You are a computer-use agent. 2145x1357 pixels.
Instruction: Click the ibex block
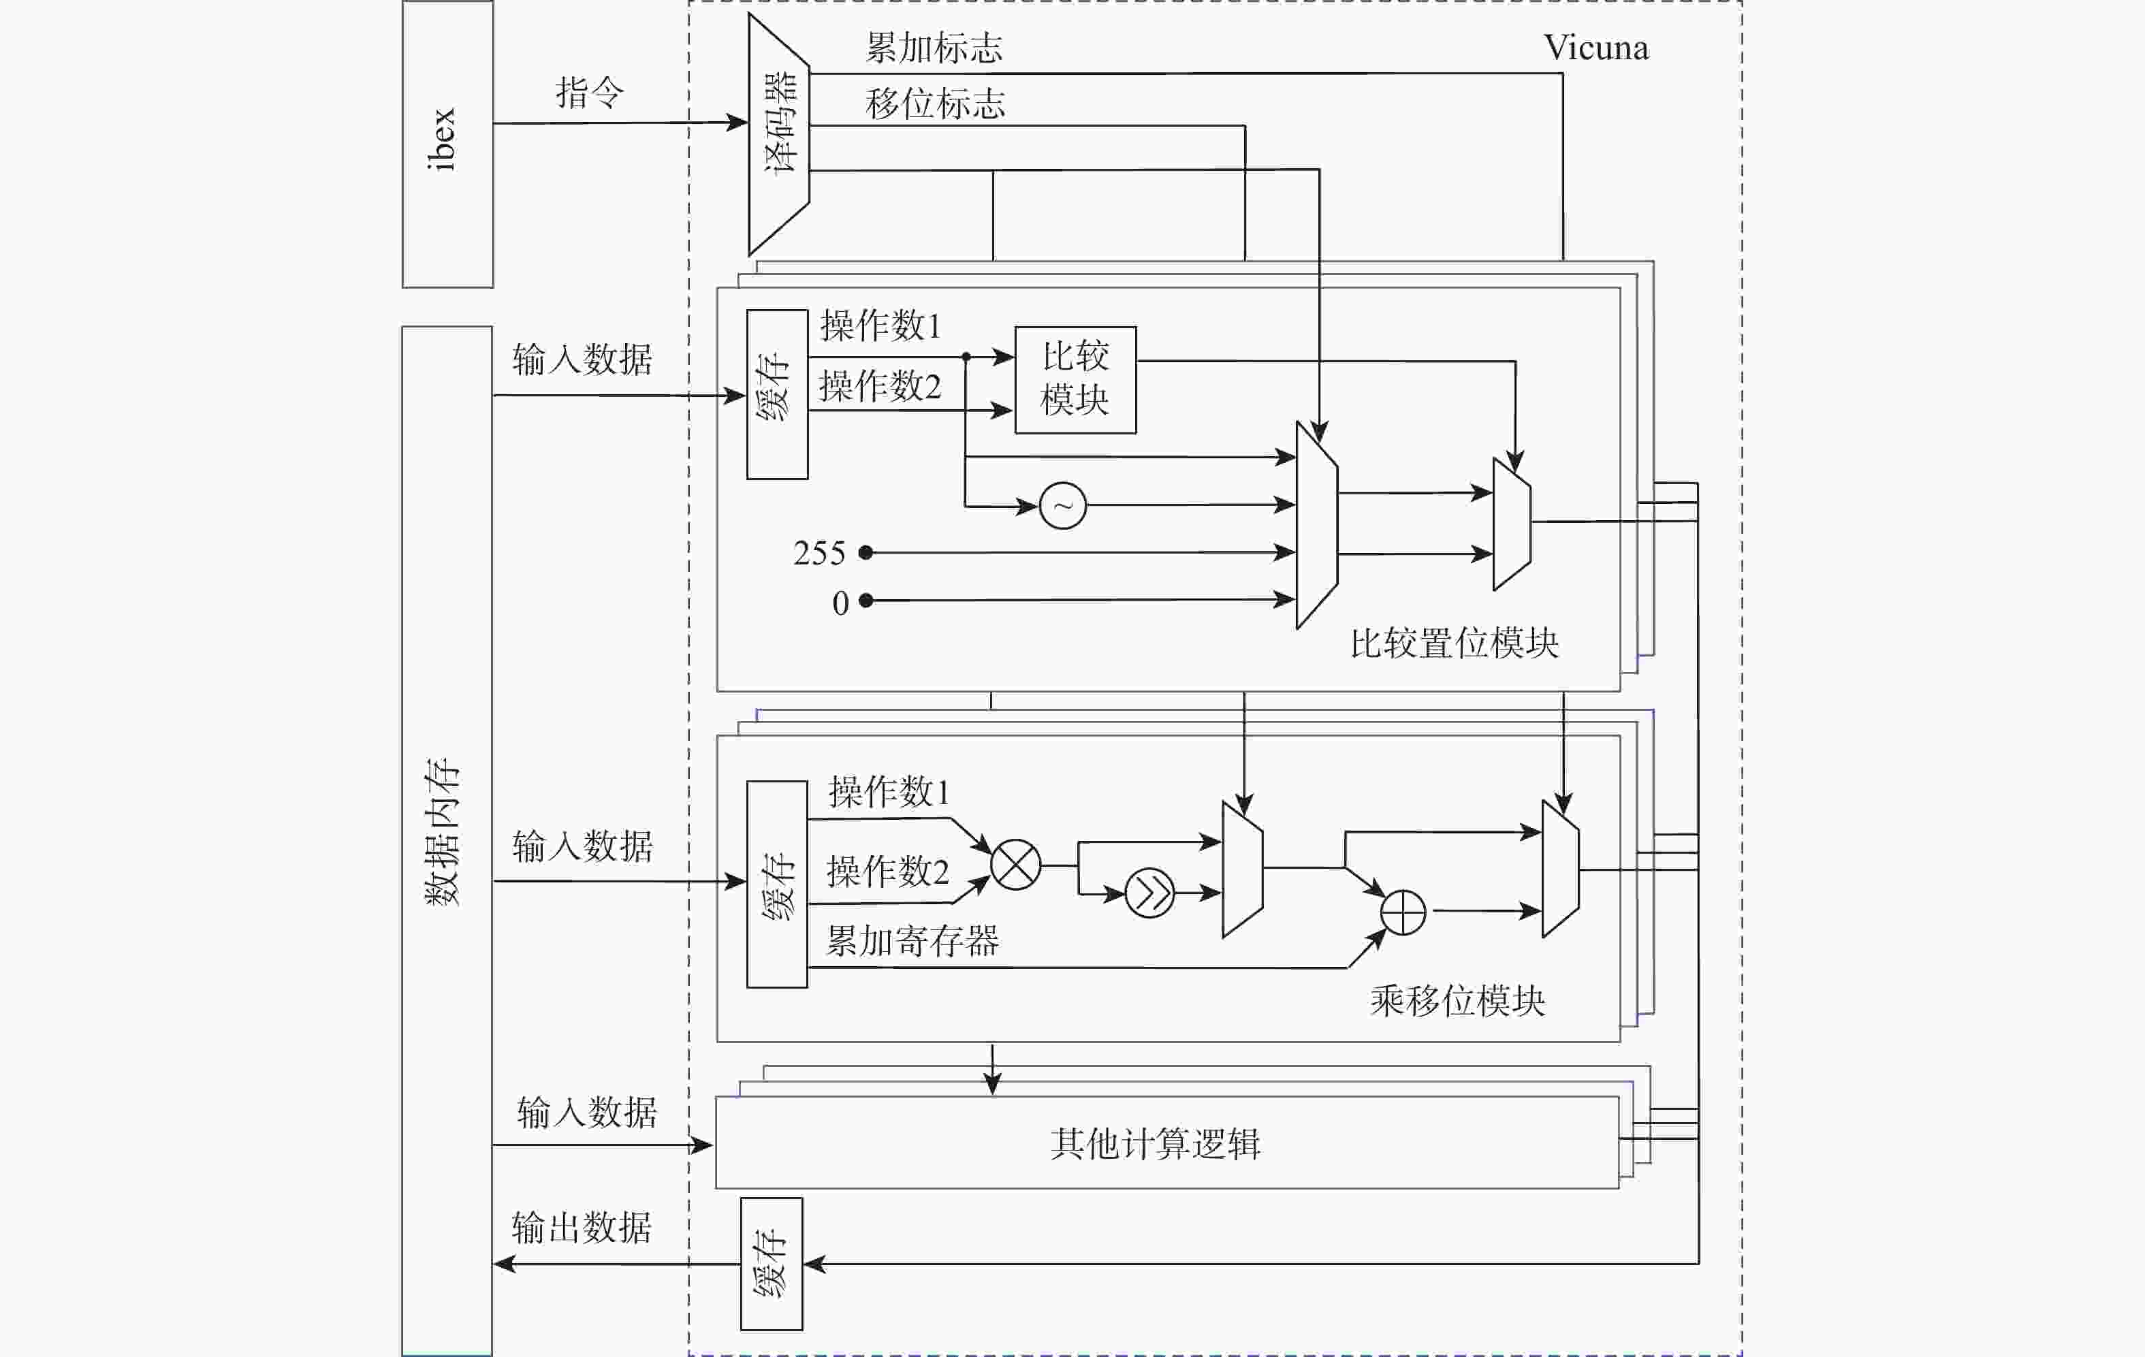447,144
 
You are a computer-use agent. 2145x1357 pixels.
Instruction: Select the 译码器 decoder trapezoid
778,133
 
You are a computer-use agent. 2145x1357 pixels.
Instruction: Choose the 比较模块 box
1075,379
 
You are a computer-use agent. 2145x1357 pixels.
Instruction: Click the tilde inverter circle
1063,506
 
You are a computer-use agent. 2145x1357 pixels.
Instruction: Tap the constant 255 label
819,554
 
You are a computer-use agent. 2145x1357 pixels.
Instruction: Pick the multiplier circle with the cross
1015,865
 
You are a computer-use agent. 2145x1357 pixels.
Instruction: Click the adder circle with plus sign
1402,912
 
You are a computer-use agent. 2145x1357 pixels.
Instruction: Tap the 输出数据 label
582,1228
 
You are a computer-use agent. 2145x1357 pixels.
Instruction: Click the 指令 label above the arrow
590,93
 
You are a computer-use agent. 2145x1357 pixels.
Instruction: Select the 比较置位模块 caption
1454,643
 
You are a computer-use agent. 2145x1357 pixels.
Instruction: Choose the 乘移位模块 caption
1457,1001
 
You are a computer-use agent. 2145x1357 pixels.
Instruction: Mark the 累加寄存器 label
913,941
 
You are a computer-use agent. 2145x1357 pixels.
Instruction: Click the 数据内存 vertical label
442,833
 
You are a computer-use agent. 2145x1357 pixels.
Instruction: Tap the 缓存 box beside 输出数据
772,1264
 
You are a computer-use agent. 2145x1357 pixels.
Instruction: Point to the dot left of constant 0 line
865,601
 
